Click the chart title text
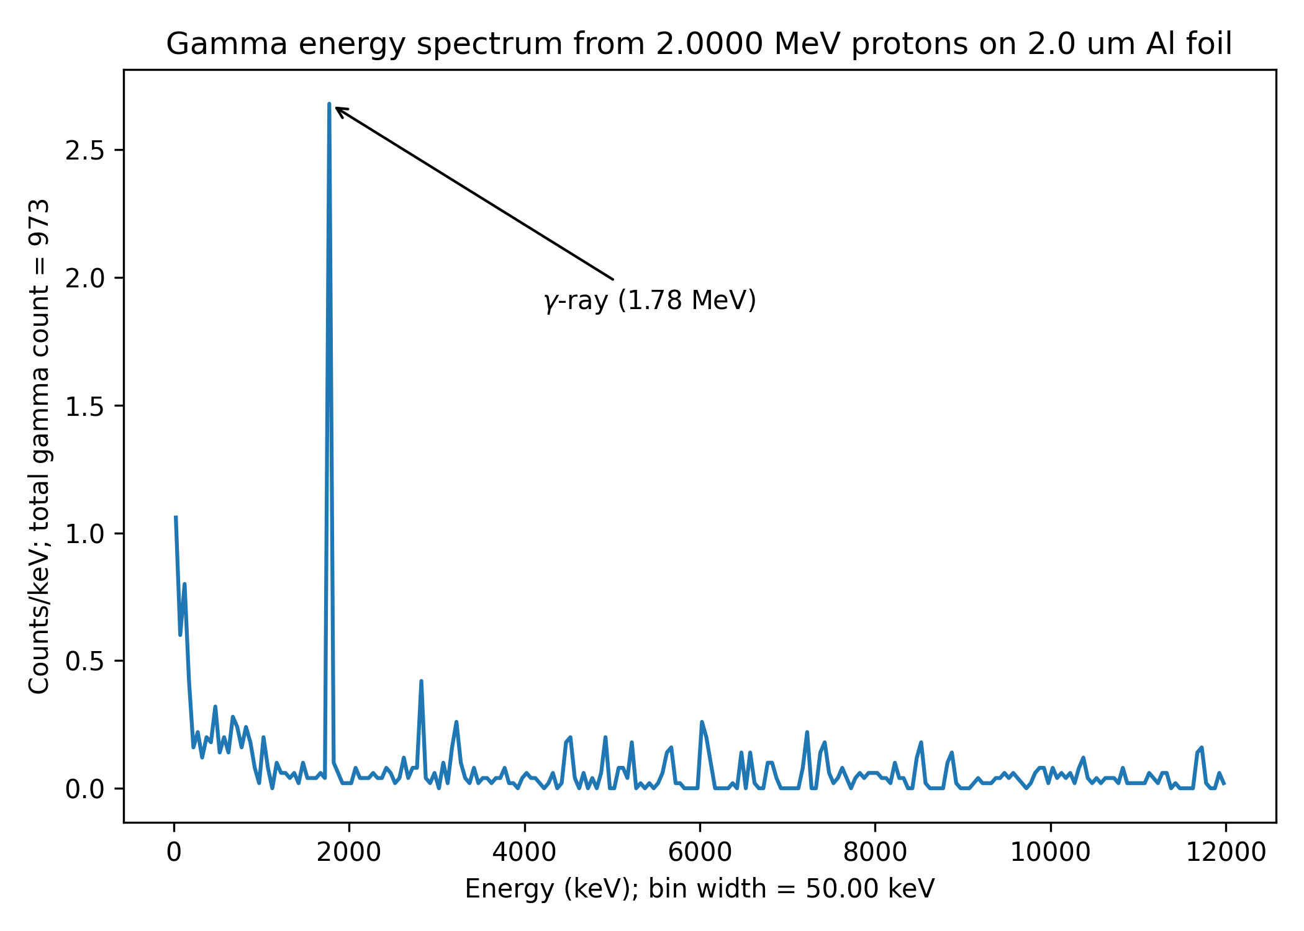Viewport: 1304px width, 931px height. (x=699, y=45)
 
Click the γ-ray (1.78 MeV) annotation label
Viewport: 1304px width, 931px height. (x=650, y=300)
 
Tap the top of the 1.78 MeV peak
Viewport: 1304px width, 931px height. (x=329, y=104)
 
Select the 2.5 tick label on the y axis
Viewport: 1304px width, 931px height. (x=84, y=151)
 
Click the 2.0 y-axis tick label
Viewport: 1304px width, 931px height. (x=84, y=279)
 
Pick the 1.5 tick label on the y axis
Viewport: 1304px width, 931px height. (x=84, y=407)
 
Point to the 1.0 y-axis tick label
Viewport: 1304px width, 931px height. (x=84, y=534)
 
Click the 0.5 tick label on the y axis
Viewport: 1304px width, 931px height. (x=84, y=662)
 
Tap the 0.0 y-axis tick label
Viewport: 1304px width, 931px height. (x=84, y=789)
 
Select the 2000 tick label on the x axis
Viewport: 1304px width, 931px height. (x=349, y=853)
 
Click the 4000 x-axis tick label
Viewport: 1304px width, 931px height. (x=524, y=853)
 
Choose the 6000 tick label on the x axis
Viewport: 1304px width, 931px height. (x=700, y=853)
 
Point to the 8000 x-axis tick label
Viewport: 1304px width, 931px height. (x=875, y=853)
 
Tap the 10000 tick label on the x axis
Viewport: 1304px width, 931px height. (x=1050, y=853)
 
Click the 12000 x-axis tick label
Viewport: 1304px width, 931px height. (x=1226, y=853)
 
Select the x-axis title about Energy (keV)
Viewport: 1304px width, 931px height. (x=700, y=889)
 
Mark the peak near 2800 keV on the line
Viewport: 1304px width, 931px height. (x=421, y=681)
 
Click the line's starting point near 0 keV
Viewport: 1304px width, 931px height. (x=176, y=516)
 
